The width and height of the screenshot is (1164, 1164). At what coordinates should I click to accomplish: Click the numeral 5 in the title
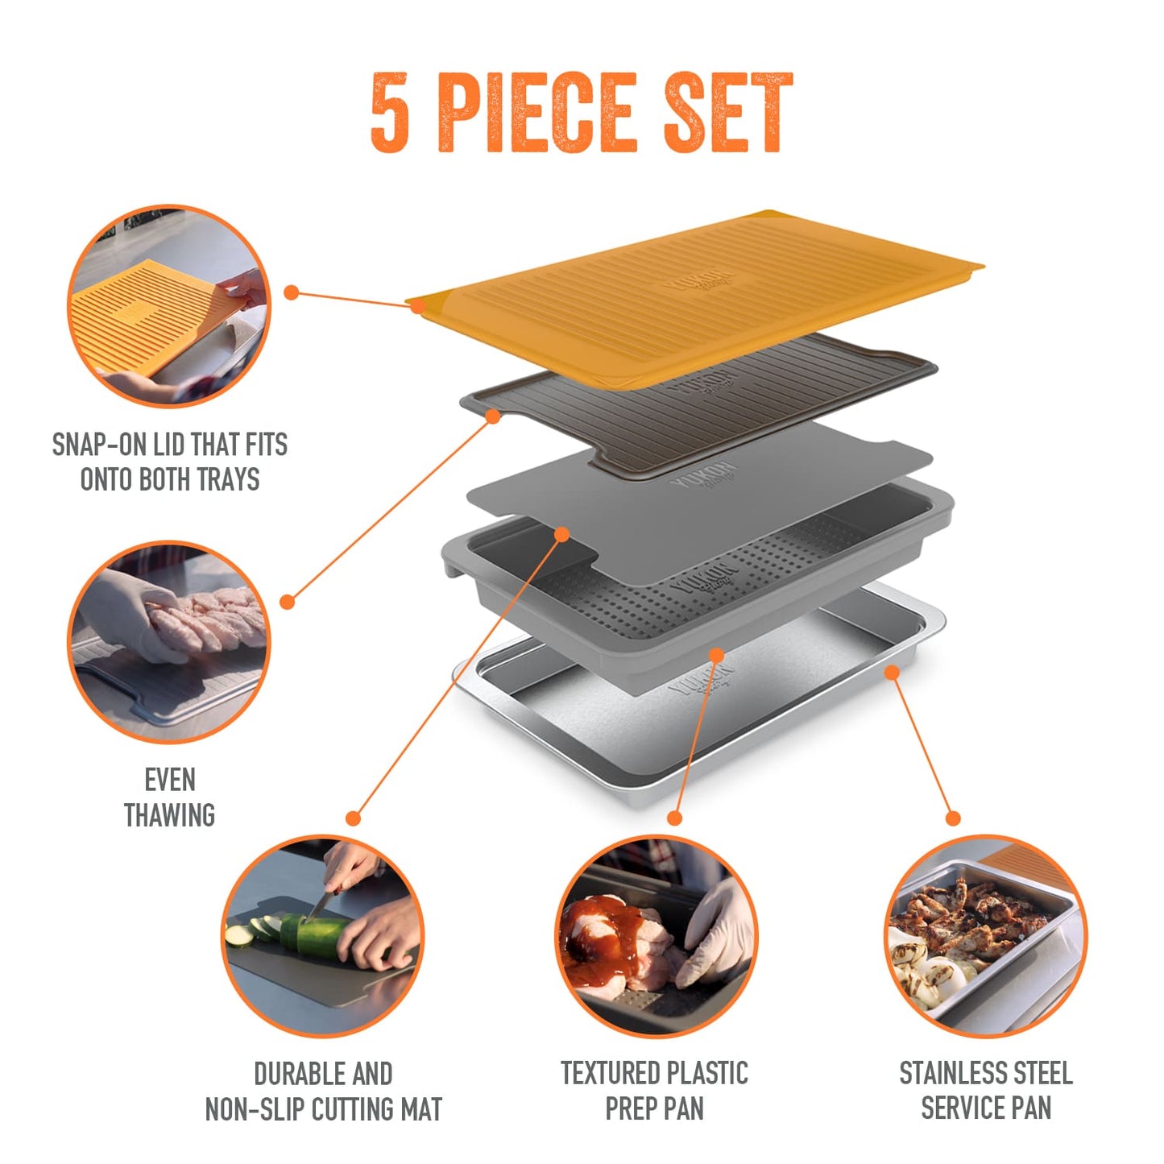coord(390,112)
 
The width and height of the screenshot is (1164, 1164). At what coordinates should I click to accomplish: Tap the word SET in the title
coord(727,112)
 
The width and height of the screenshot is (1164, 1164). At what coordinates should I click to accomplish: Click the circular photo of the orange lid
coord(169,307)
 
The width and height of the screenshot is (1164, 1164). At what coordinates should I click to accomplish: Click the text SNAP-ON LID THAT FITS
coord(169,445)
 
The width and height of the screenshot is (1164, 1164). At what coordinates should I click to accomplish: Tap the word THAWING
coord(169,815)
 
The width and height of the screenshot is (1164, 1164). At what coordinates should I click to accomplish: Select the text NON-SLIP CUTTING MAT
coord(323,1109)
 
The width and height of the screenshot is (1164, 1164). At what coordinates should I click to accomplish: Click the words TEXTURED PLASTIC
coord(654,1073)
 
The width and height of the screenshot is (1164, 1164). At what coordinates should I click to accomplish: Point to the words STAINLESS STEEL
coord(986,1073)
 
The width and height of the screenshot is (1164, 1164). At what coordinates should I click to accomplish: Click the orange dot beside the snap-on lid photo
coord(292,293)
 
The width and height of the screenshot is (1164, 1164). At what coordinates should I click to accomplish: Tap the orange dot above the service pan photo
coord(953,818)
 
